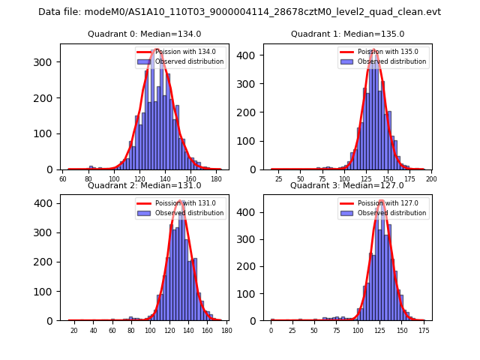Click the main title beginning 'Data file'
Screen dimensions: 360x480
(x=239, y=12)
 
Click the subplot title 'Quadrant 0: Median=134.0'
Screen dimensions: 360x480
(x=144, y=34)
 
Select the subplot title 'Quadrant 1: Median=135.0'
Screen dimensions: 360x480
(x=347, y=34)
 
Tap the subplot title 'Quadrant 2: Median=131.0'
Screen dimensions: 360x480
(x=144, y=185)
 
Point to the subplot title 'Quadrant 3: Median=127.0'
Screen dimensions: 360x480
(x=347, y=185)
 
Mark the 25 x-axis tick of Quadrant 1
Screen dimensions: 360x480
(x=278, y=179)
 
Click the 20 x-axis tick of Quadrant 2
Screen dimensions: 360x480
(x=74, y=330)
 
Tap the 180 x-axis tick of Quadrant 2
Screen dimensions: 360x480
(x=227, y=330)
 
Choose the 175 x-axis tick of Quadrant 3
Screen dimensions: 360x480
(x=424, y=330)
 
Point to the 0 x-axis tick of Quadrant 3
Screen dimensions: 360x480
(x=271, y=330)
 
